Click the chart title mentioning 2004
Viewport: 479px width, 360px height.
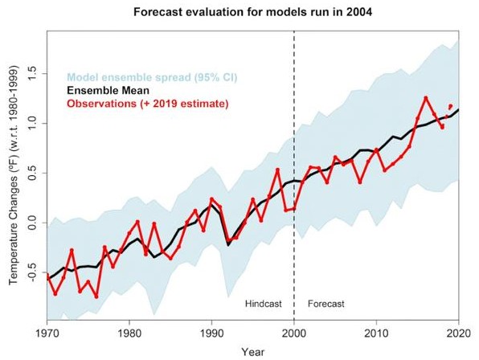coord(252,12)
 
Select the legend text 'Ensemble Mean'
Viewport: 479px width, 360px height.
coord(108,90)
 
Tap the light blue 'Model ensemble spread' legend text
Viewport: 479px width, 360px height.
coord(152,77)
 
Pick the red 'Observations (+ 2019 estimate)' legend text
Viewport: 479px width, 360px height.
coord(148,104)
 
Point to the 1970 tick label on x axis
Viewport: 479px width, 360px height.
coord(47,333)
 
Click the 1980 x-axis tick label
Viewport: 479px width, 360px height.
coord(129,333)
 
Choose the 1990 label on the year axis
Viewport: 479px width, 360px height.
coord(211,333)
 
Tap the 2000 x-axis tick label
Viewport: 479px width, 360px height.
coord(294,333)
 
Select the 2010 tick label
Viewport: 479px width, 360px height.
coord(376,333)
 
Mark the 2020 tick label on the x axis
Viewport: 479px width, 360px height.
coord(459,333)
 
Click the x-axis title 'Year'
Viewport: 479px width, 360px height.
coord(253,352)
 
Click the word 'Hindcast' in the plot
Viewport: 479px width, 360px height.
coord(264,304)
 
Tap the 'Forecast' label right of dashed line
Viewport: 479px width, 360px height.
coord(326,304)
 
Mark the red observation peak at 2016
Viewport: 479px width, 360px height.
coord(425,98)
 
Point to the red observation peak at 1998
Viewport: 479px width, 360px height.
coord(277,170)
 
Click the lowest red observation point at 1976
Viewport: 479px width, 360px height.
coord(96,297)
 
